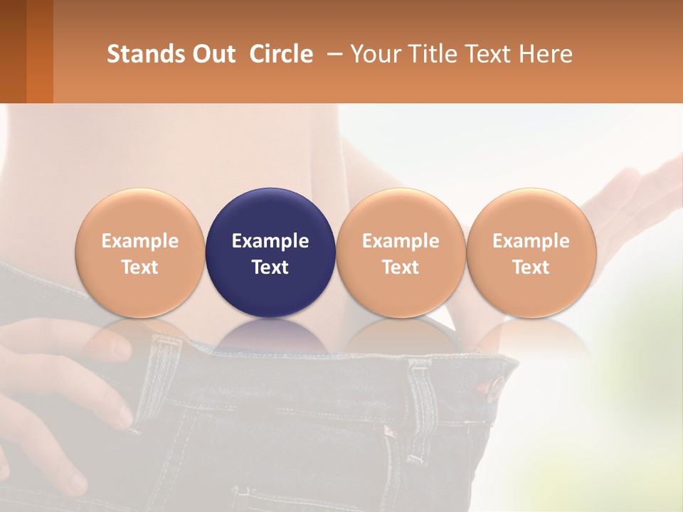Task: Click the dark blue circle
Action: click(x=270, y=252)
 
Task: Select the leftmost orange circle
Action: click(x=139, y=252)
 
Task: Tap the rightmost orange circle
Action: click(x=531, y=252)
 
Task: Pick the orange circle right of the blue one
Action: click(x=401, y=252)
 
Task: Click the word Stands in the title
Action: click(x=145, y=54)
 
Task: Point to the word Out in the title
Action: click(x=213, y=54)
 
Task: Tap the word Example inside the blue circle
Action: click(x=270, y=241)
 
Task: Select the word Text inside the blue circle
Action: click(x=270, y=267)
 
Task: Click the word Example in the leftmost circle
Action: click(x=139, y=241)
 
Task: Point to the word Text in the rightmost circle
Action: click(x=531, y=267)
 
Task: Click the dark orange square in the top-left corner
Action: click(x=26, y=51)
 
